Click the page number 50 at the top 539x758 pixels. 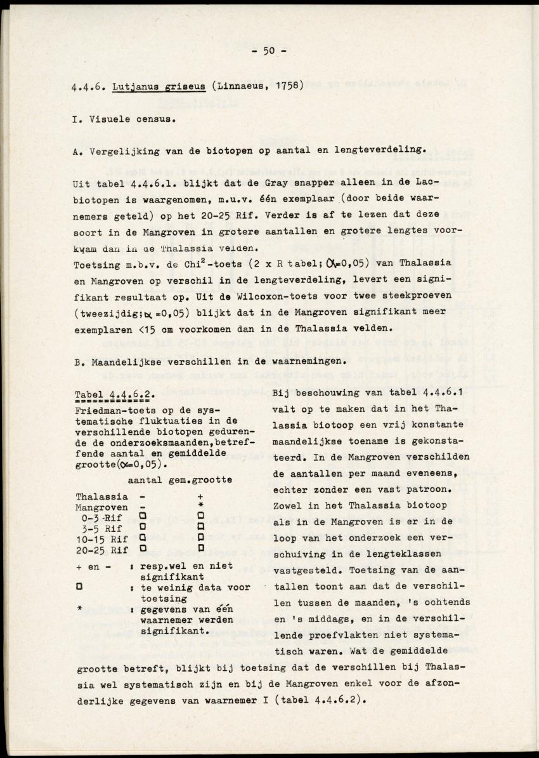[x=268, y=51]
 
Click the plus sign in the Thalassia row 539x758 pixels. [x=200, y=496]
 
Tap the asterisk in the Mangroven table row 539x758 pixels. [x=200, y=507]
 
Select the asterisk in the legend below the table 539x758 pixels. [x=79, y=609]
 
